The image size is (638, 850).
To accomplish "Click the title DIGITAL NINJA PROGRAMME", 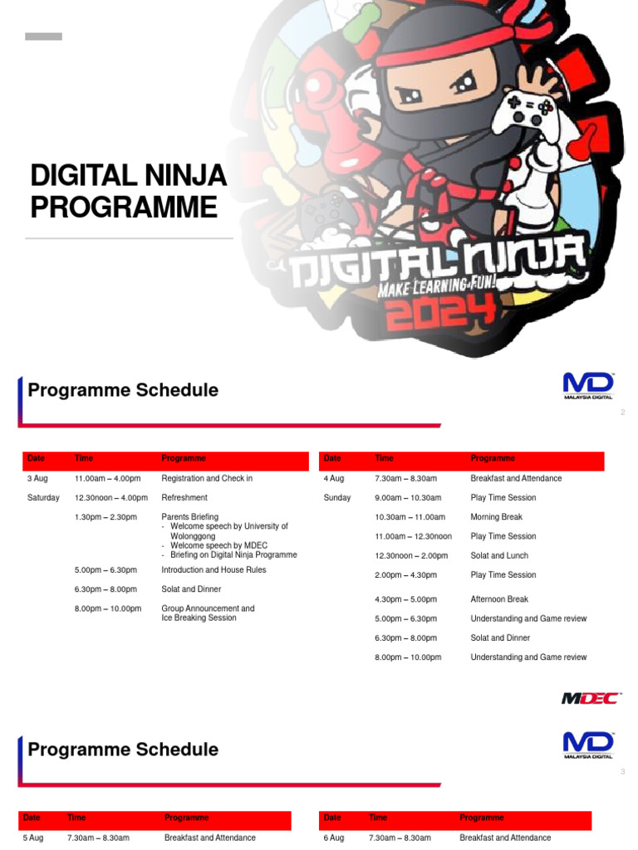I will tap(128, 191).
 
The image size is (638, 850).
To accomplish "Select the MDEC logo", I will tap(590, 698).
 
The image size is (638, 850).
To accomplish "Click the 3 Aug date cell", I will tap(37, 478).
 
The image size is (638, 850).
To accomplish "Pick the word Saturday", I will tap(43, 498).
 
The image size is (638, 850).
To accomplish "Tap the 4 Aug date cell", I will tap(333, 478).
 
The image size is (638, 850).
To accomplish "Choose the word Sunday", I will tap(337, 498).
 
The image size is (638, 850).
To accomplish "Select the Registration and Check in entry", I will tap(207, 478).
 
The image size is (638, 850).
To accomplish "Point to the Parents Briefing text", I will tap(190, 517).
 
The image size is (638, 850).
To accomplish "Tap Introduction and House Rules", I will tap(213, 570).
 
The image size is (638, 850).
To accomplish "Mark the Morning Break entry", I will tap(497, 517).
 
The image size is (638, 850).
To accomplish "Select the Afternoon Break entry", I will tap(499, 599).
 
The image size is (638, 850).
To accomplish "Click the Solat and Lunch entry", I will tap(499, 556).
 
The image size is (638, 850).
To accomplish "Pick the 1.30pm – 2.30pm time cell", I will tap(106, 517).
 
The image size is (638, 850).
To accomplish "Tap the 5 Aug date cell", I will tap(33, 838).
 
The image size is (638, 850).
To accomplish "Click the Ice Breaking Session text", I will tap(199, 618).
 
